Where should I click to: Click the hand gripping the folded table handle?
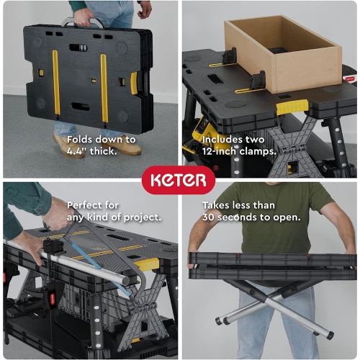84,16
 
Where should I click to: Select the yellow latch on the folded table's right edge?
134,82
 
